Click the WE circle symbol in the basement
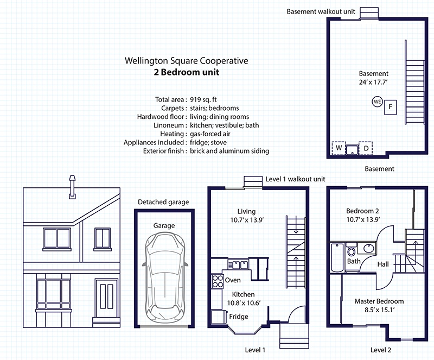coord(377,102)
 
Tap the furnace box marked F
coord(390,108)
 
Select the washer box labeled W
coord(339,148)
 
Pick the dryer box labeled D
coord(366,148)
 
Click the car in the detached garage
coord(164,277)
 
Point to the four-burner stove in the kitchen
coord(218,281)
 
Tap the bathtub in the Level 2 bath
coord(337,258)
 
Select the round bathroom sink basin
coord(369,248)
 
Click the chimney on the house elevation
coord(72,187)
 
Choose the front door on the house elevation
coord(106,298)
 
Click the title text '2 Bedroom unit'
coord(187,72)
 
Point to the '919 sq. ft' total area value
coord(203,99)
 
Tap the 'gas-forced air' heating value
coord(210,134)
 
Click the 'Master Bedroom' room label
coord(379,301)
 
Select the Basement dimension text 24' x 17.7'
coord(373,83)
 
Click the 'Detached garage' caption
coord(163,202)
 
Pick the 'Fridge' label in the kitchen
coord(239,317)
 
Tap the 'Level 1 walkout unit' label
coord(295,179)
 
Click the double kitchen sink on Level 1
coord(238,264)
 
